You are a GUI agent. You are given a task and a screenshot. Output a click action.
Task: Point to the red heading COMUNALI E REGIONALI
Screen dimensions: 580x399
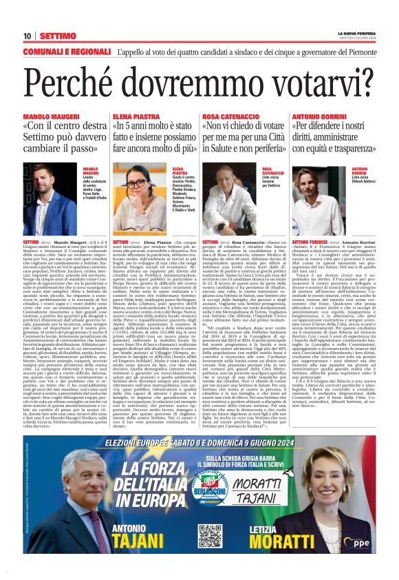click(x=67, y=52)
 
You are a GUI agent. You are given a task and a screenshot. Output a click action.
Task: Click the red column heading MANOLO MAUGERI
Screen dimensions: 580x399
click(x=49, y=118)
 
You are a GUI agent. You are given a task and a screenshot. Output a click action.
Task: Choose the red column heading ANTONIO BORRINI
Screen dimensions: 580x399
click(x=320, y=118)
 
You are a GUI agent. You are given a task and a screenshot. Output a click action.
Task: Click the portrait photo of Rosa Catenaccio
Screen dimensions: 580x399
click(x=230, y=200)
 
